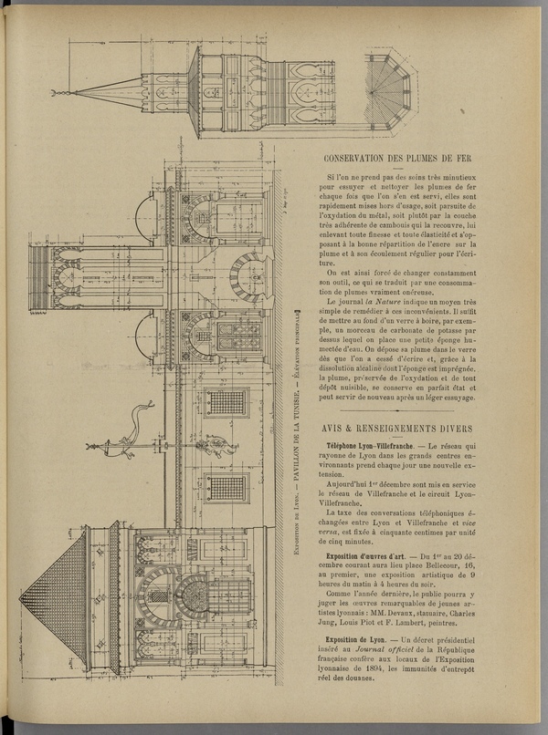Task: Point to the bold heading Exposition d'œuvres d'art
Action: coord(367,554)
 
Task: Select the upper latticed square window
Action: coord(225,402)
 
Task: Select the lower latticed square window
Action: coord(225,487)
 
